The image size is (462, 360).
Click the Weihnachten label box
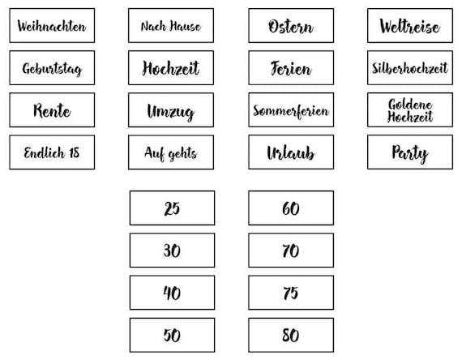pyautogui.click(x=52, y=26)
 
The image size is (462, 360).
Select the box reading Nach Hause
pyautogui.click(x=171, y=26)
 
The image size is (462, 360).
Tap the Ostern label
pyautogui.click(x=291, y=26)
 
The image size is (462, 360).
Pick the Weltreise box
pyautogui.click(x=410, y=26)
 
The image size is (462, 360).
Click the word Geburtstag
pyautogui.click(x=52, y=69)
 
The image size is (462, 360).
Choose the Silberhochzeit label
pyautogui.click(x=410, y=68)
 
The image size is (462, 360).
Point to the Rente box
pyautogui.click(x=52, y=110)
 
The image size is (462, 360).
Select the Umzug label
pyautogui.click(x=171, y=110)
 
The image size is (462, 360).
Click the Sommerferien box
pyautogui.click(x=291, y=110)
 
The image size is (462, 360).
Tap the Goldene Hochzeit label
pyautogui.click(x=410, y=110)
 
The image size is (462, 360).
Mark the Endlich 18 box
pyautogui.click(x=52, y=152)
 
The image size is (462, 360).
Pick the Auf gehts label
pyautogui.click(x=171, y=152)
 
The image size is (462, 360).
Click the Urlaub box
pyautogui.click(x=291, y=152)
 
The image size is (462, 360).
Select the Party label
pyautogui.click(x=410, y=152)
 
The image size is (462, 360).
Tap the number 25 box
pyautogui.click(x=172, y=208)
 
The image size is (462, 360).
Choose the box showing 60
pyautogui.click(x=291, y=208)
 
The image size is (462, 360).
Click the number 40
pyautogui.click(x=172, y=293)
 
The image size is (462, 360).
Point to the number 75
pyautogui.click(x=290, y=293)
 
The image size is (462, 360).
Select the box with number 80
pyautogui.click(x=291, y=335)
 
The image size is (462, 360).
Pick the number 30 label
pyautogui.click(x=172, y=251)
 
